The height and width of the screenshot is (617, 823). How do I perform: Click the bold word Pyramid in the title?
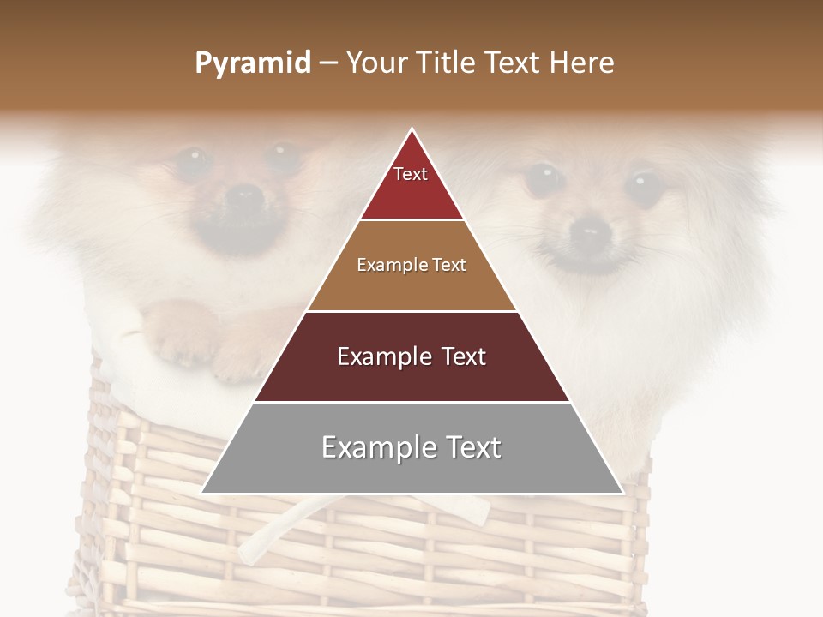tap(253, 63)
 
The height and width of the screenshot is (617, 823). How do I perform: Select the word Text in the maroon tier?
tap(459, 356)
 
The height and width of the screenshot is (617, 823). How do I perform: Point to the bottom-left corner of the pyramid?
tap(202, 493)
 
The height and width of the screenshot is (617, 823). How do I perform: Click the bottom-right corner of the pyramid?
tap(622, 493)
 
